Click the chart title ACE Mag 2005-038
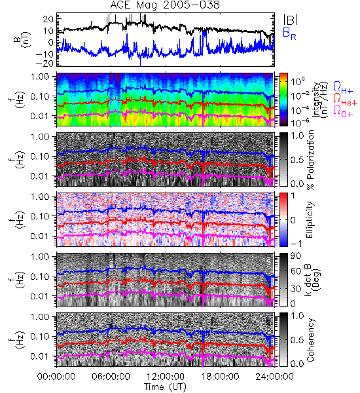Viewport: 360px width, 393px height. click(x=165, y=5)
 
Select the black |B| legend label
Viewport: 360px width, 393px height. click(x=291, y=20)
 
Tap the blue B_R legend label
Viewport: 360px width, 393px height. click(x=289, y=33)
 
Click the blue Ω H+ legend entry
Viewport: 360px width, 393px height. click(x=343, y=88)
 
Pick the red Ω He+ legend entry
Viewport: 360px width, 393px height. click(x=345, y=99)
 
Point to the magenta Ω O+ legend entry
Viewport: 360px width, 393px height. click(x=343, y=111)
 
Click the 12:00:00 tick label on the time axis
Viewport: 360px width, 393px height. click(x=166, y=377)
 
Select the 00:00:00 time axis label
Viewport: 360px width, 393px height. click(x=56, y=377)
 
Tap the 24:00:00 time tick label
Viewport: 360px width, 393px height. click(x=274, y=377)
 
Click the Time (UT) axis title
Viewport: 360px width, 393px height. click(x=166, y=387)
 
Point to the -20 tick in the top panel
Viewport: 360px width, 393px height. click(x=45, y=64)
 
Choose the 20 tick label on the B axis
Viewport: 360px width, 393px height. click(x=48, y=19)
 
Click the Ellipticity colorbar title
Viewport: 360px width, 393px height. click(x=310, y=219)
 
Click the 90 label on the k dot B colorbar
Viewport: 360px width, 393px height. click(x=296, y=256)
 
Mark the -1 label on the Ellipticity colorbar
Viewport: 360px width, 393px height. click(x=296, y=244)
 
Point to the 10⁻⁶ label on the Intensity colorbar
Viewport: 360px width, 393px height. click(x=298, y=122)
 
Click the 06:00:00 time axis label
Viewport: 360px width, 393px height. click(x=111, y=377)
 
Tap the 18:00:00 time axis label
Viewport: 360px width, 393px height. click(x=220, y=377)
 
